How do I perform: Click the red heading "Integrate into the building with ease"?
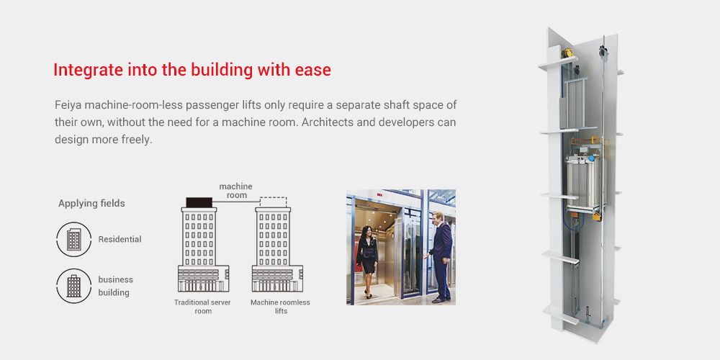coord(192,70)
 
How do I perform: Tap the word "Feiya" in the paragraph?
coord(66,104)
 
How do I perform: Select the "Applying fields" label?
coord(91,204)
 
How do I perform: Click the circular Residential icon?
coord(73,239)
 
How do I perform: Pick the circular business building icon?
coord(73,286)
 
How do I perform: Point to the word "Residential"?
coord(120,239)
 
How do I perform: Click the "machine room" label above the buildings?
coord(235,191)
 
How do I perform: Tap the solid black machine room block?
coord(199,202)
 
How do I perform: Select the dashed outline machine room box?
coord(273,202)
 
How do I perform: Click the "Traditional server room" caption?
coord(202,307)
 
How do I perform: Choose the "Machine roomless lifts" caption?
coord(280,307)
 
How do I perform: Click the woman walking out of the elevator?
coord(367,261)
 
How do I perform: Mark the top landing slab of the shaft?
coord(557,63)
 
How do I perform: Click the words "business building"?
coord(116,286)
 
